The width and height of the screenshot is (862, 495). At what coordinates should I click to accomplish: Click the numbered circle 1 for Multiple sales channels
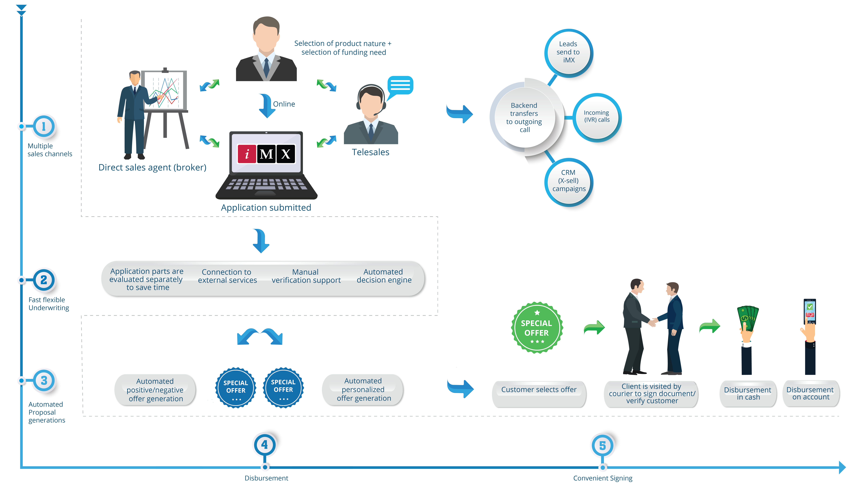pyautogui.click(x=44, y=126)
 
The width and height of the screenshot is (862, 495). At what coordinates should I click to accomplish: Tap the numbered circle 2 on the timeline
pyautogui.click(x=44, y=280)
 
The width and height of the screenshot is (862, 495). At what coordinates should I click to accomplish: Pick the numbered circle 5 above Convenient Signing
pyautogui.click(x=602, y=445)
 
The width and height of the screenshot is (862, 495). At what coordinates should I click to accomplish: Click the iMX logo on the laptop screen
pyautogui.click(x=266, y=154)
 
